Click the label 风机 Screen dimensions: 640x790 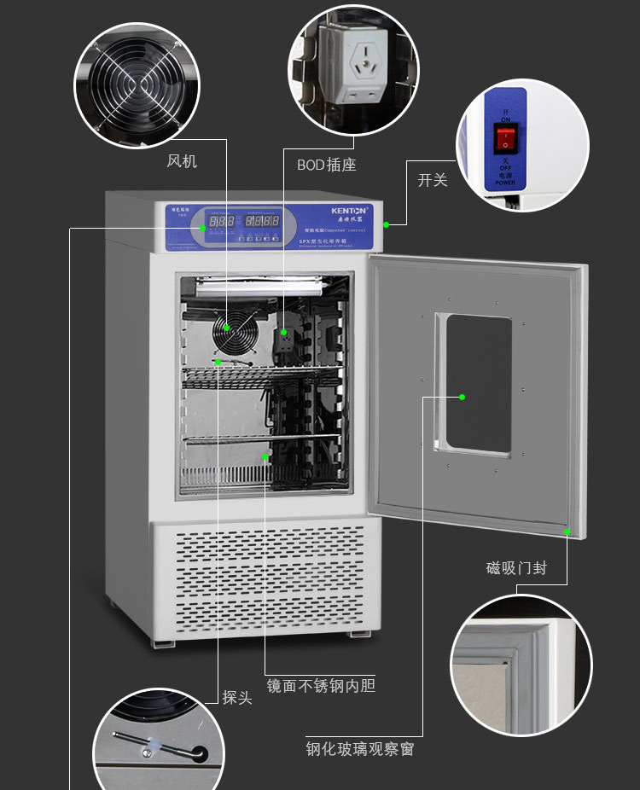[182, 160]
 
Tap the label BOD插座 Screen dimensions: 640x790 [326, 165]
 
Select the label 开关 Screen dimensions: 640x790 [432, 180]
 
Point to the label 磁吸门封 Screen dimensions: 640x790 [516, 567]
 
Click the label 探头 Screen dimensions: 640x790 [237, 697]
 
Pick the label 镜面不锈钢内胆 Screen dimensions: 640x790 [320, 685]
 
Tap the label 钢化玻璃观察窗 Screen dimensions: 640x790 [360, 750]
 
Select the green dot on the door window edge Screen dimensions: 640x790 [462, 397]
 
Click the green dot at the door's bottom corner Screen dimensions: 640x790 [567, 532]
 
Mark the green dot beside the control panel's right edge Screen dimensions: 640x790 [386, 224]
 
